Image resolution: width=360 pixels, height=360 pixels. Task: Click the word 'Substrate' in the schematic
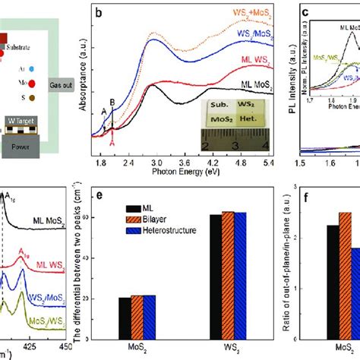pos(17,46)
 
